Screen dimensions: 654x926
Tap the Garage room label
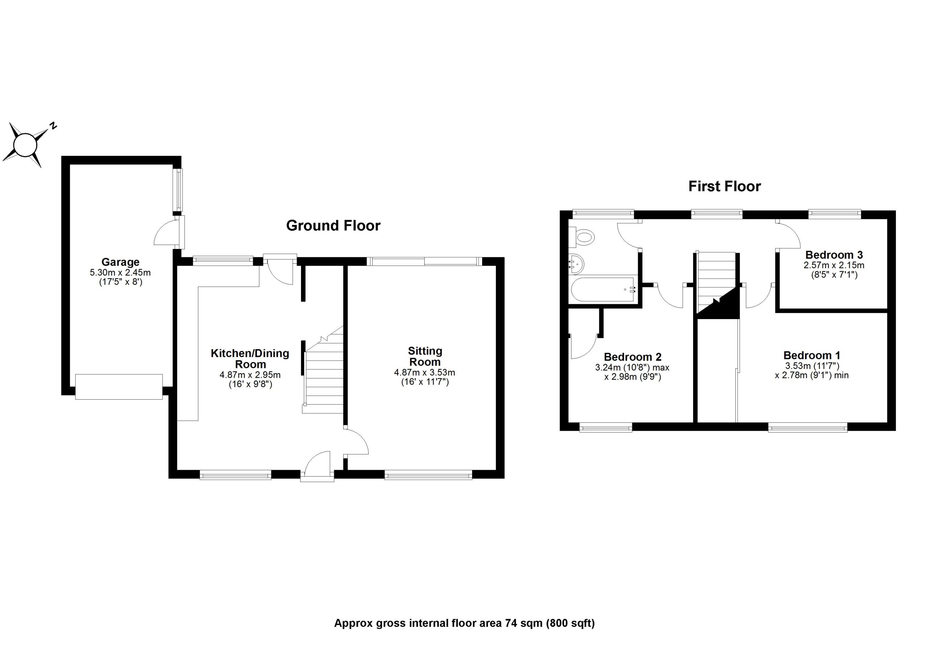(120, 262)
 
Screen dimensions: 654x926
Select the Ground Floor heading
(333, 226)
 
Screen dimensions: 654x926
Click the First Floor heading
(725, 186)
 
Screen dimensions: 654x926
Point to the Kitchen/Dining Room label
(250, 359)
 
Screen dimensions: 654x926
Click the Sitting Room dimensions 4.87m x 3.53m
(424, 372)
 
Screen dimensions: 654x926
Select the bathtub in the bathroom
(603, 290)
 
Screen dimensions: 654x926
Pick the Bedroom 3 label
(834, 255)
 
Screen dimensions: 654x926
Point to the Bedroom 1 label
(811, 356)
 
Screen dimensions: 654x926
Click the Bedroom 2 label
(632, 357)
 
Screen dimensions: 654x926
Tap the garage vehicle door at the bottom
(119, 387)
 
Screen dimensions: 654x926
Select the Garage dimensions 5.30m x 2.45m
(120, 273)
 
